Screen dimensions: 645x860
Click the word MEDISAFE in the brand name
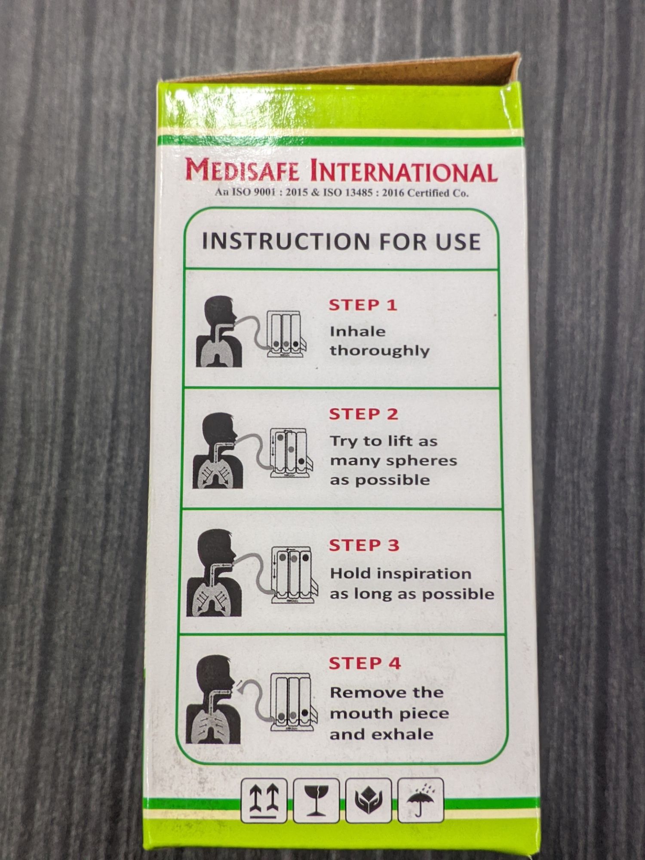pyautogui.click(x=242, y=170)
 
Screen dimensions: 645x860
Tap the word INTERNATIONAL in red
pyautogui.click(x=404, y=172)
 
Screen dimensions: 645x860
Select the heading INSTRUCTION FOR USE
pyautogui.click(x=341, y=242)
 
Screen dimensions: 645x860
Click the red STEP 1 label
pyautogui.click(x=363, y=305)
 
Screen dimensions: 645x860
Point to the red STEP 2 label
pyautogui.click(x=364, y=414)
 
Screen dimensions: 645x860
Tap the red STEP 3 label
pyautogui.click(x=364, y=545)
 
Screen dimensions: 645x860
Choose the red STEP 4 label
pyautogui.click(x=365, y=663)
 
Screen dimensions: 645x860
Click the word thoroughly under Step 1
pyautogui.click(x=380, y=351)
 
